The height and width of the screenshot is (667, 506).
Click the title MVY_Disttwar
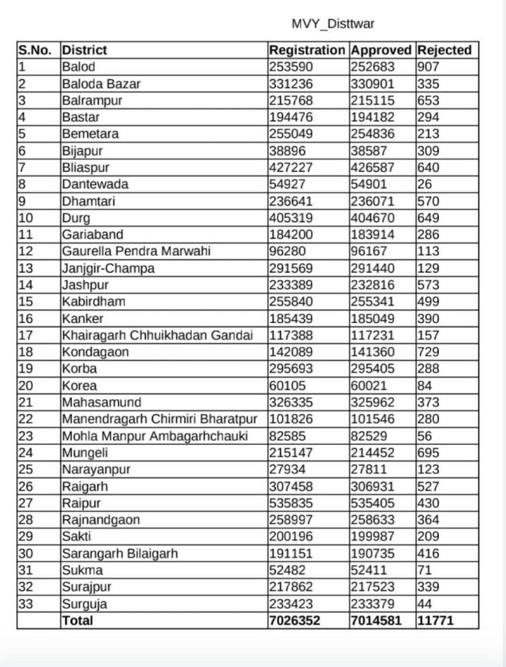click(332, 25)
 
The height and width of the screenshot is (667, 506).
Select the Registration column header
click(307, 50)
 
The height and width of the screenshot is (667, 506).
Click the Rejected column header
click(444, 50)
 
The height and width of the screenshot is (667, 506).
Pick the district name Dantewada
click(95, 184)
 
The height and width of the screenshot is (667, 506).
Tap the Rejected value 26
click(425, 184)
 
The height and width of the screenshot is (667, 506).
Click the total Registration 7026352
click(294, 621)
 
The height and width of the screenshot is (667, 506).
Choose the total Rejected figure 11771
click(436, 621)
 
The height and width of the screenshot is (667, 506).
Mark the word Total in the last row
click(77, 621)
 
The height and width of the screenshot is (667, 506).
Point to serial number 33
click(27, 604)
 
